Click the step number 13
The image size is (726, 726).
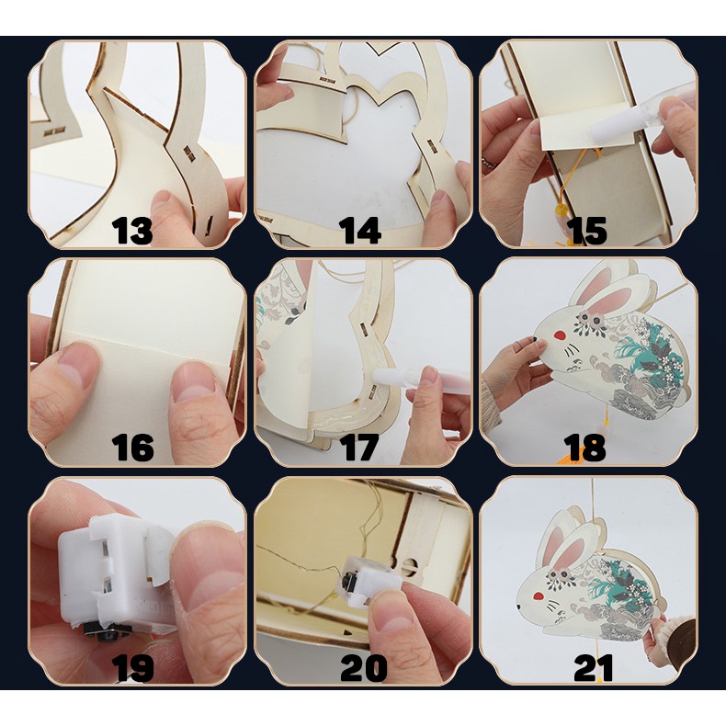click(x=132, y=230)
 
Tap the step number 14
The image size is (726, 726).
click(x=360, y=230)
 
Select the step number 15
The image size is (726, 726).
click(x=586, y=230)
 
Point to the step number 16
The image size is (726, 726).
click(x=132, y=448)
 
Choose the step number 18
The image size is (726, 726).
click(x=584, y=448)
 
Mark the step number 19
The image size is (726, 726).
click(x=132, y=668)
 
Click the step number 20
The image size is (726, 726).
click(x=364, y=668)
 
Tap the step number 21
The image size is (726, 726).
click(x=593, y=668)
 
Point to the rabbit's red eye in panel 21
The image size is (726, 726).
click(x=538, y=596)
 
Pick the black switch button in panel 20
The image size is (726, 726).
click(x=346, y=578)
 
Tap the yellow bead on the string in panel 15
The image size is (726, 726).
click(x=562, y=213)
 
